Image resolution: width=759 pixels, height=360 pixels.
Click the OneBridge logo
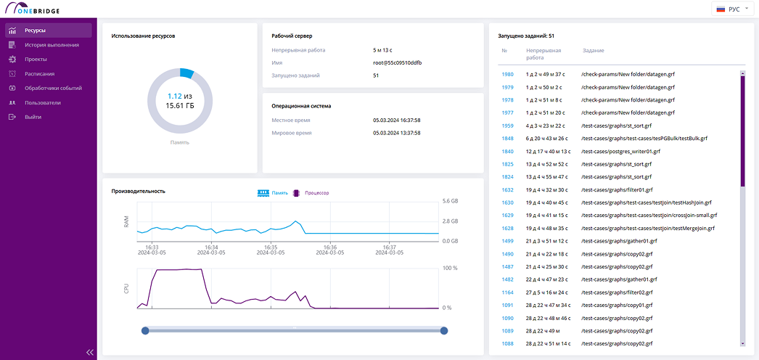tap(32, 8)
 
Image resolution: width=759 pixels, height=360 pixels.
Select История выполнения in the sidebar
tap(52, 45)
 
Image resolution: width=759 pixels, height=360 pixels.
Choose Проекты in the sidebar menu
tap(36, 60)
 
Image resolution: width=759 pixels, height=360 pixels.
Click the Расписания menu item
tap(39, 74)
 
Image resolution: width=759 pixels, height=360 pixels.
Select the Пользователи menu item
tap(43, 102)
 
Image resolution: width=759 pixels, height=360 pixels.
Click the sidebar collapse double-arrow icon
tap(89, 352)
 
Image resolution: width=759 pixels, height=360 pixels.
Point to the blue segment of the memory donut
tap(186, 73)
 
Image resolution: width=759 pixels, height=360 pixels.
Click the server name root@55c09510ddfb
tap(395, 63)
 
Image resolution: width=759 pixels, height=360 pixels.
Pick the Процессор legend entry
tap(311, 192)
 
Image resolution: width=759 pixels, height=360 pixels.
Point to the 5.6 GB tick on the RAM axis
tap(450, 201)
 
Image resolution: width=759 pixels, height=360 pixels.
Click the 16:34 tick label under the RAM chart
tap(212, 247)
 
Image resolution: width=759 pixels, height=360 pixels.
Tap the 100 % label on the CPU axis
tap(450, 268)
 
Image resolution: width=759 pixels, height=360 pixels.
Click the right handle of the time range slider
tap(444, 330)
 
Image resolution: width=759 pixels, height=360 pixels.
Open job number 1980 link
tap(507, 75)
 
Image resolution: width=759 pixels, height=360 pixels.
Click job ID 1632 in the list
tap(507, 189)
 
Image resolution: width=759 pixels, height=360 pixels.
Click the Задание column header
tap(593, 50)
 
